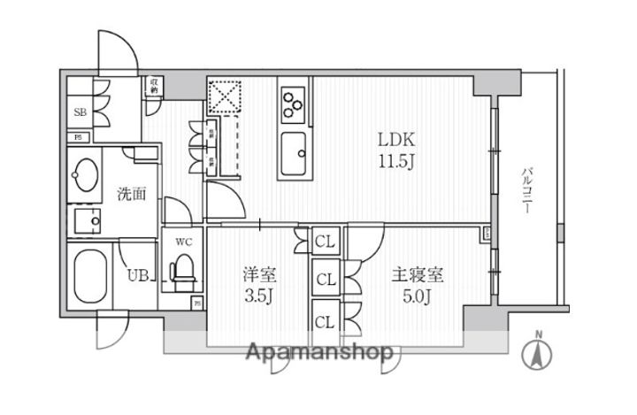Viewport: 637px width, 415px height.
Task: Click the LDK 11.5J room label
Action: tap(396, 150)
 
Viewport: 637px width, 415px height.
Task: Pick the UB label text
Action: tap(136, 275)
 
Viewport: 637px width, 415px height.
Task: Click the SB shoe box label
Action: tap(79, 112)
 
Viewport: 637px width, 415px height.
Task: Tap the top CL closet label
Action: tap(324, 241)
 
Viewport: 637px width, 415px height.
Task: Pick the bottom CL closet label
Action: tap(324, 320)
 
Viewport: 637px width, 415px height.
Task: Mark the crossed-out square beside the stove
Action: tap(226, 96)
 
